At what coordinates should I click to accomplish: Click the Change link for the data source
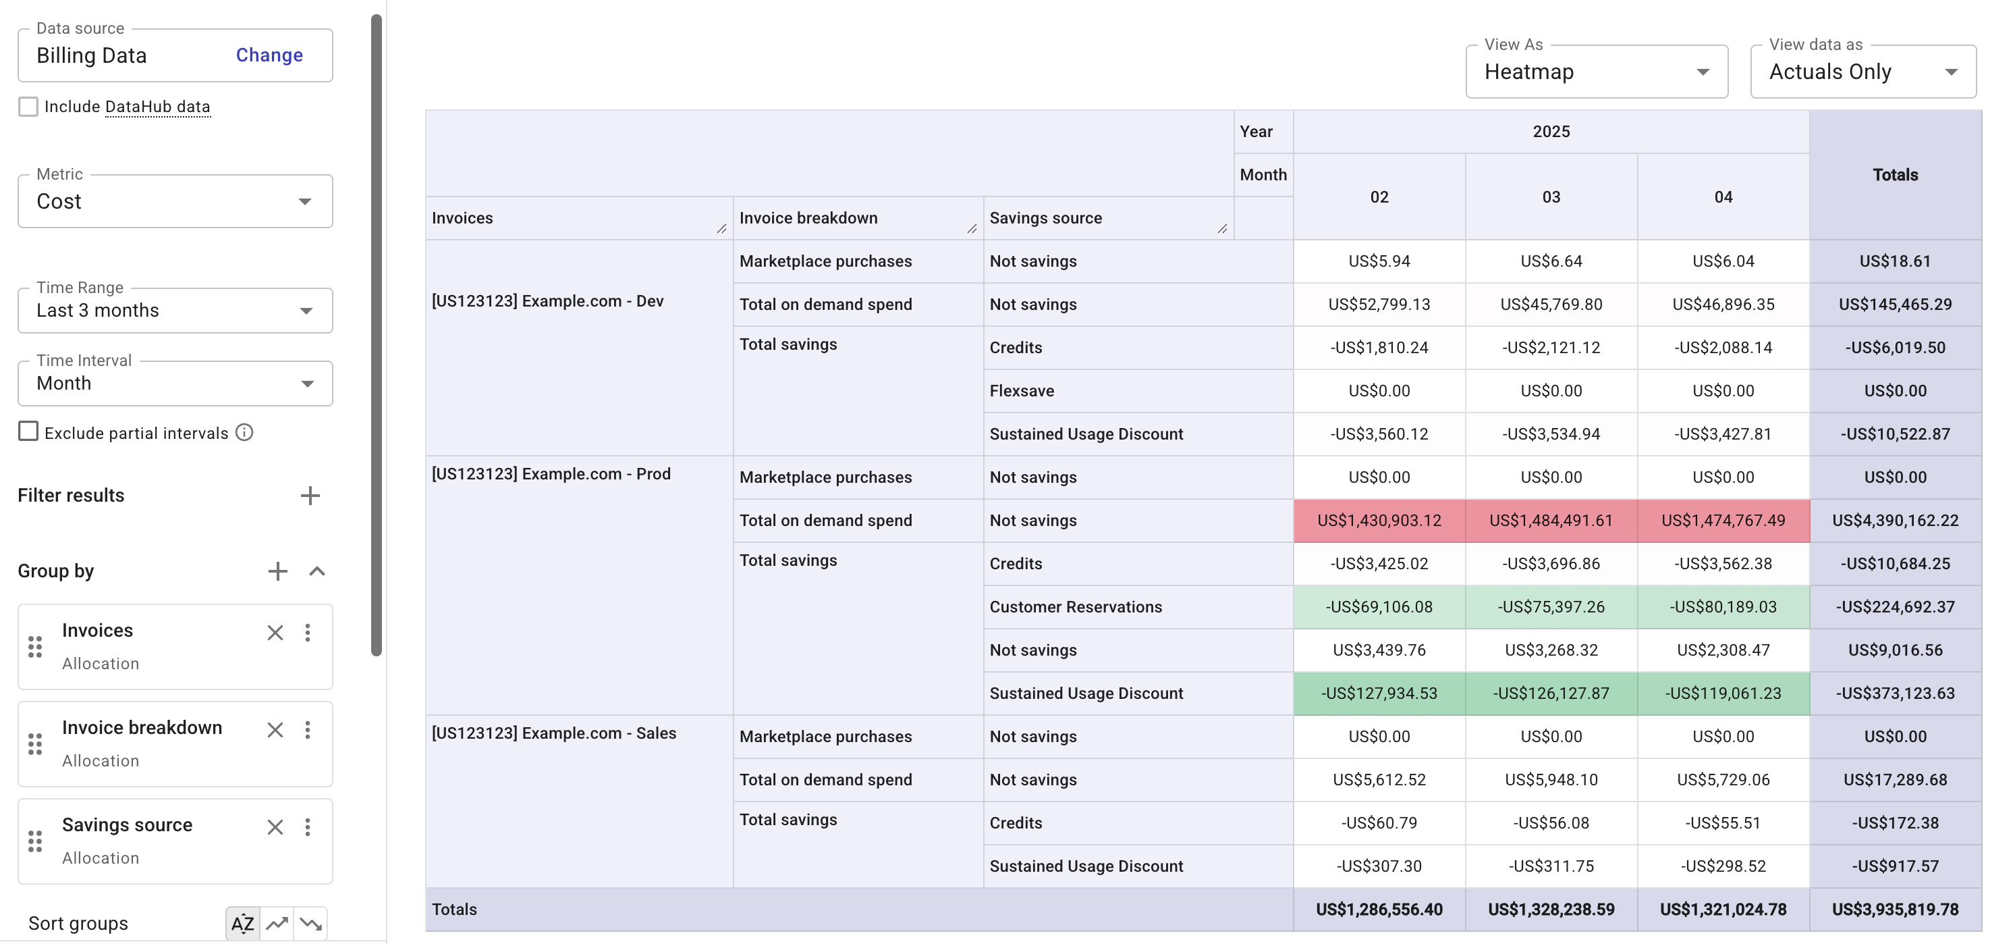tap(269, 55)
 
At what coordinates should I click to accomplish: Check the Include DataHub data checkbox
tap(28, 107)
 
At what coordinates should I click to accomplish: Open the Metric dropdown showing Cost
tap(175, 201)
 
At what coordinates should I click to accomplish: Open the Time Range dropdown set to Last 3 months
tap(175, 310)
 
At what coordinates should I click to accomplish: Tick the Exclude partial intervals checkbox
tap(28, 432)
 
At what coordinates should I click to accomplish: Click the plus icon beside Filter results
tap(310, 496)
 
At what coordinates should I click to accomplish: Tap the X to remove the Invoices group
tap(275, 633)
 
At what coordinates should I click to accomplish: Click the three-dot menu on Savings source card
tap(308, 827)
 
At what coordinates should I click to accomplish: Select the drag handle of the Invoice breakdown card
tap(35, 743)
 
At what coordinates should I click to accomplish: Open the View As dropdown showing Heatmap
tap(1596, 72)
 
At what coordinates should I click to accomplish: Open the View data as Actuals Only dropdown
tap(1862, 72)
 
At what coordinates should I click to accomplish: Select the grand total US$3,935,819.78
tap(1894, 910)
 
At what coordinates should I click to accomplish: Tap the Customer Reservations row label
tap(1075, 606)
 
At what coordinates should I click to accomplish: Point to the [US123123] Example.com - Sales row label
tap(554, 733)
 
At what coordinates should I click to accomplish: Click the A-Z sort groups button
tap(242, 924)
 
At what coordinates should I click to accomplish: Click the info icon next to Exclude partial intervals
tap(245, 432)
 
